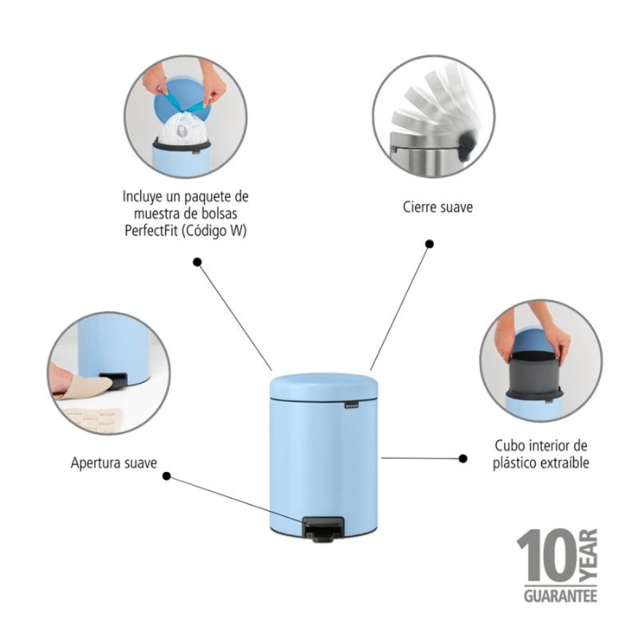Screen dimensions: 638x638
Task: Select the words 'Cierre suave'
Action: pyautogui.click(x=438, y=207)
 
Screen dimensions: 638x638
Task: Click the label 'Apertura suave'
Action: pyautogui.click(x=114, y=464)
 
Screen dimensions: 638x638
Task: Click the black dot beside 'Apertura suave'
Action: pyautogui.click(x=167, y=476)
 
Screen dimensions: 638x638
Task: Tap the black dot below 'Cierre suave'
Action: pyautogui.click(x=430, y=245)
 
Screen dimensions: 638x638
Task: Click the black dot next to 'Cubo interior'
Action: pyautogui.click(x=463, y=458)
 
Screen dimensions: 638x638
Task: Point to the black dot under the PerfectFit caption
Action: pyautogui.click(x=197, y=262)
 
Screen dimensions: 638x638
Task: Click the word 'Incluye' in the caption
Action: pyautogui.click(x=140, y=197)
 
